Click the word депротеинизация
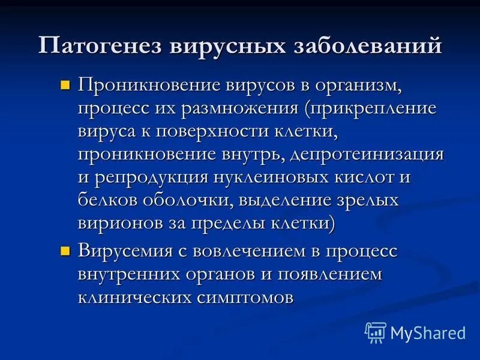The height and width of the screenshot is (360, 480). click(367, 154)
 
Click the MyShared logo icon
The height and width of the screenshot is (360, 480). click(375, 332)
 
